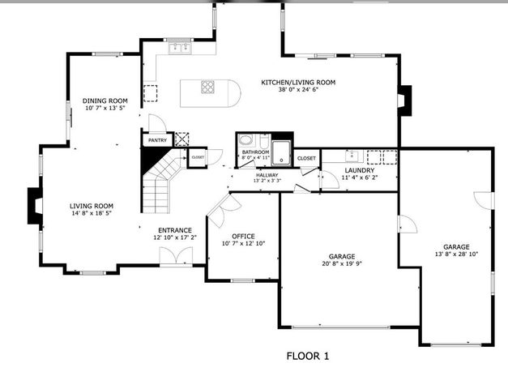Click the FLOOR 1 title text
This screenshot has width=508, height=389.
(x=308, y=356)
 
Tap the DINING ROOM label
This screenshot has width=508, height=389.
(x=105, y=101)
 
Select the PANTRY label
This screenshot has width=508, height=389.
(x=157, y=140)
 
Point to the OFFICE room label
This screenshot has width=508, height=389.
(x=243, y=236)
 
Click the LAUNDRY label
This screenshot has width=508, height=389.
(x=358, y=170)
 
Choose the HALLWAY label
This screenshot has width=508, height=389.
(x=267, y=175)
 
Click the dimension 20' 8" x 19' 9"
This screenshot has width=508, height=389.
(x=338, y=263)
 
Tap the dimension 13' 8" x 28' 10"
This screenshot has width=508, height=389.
(x=455, y=254)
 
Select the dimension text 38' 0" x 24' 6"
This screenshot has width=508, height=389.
(x=297, y=91)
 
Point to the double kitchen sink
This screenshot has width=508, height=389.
(x=179, y=49)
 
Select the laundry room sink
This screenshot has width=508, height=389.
(x=352, y=155)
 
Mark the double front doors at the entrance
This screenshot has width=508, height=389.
(x=171, y=257)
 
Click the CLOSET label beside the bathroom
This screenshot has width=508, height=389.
(x=306, y=158)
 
